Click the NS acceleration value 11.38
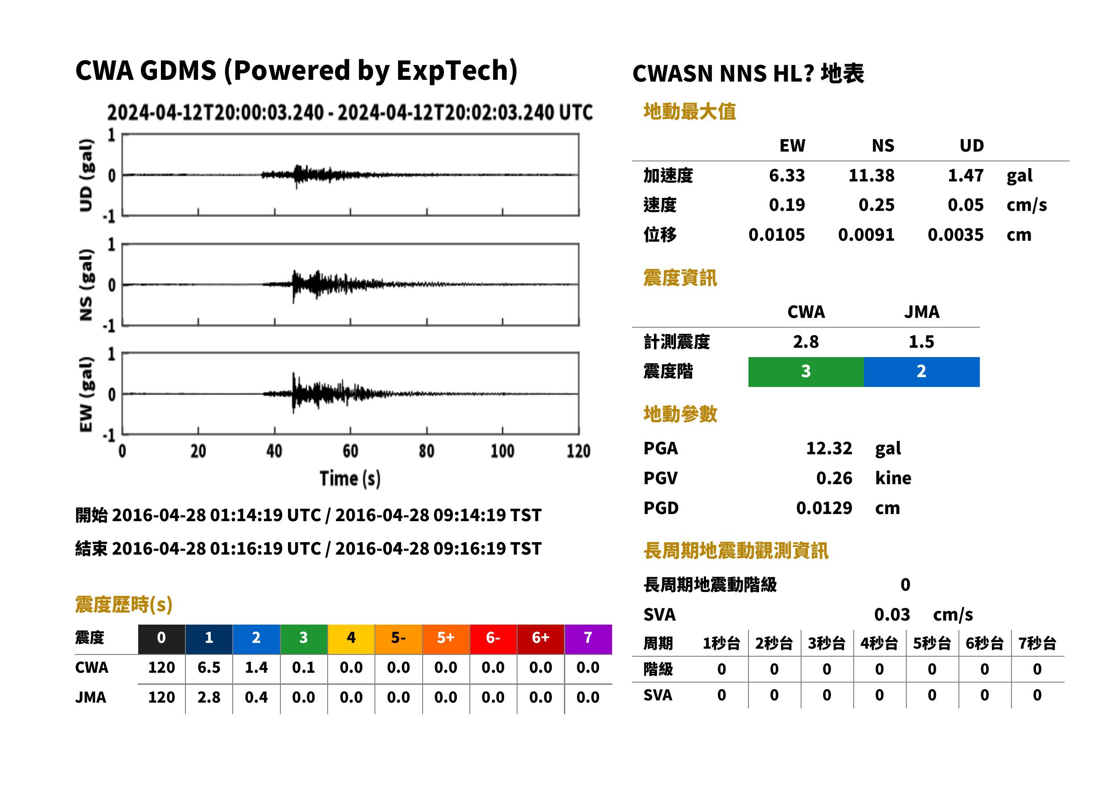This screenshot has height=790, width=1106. (x=871, y=175)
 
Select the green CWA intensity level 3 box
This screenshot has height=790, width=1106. (x=806, y=372)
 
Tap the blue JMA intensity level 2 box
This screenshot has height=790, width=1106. (x=922, y=372)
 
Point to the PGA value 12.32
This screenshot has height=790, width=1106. (x=829, y=448)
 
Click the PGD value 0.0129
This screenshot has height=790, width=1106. (x=824, y=508)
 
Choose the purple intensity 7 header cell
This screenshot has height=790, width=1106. (x=588, y=638)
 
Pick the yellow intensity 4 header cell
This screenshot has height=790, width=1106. (x=351, y=638)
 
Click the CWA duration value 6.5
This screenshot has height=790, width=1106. (x=209, y=667)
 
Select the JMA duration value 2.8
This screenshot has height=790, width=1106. (x=209, y=698)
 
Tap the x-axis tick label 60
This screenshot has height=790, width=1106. (x=351, y=452)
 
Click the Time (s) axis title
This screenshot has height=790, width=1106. (x=350, y=479)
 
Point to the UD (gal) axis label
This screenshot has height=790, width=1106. (x=86, y=175)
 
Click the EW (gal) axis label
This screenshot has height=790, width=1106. (x=86, y=394)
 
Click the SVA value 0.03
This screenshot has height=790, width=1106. (x=892, y=614)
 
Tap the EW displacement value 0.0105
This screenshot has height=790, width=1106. (x=777, y=235)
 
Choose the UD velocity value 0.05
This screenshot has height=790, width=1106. (x=966, y=205)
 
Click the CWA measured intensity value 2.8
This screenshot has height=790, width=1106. (x=806, y=342)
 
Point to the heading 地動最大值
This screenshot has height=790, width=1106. (x=690, y=111)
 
